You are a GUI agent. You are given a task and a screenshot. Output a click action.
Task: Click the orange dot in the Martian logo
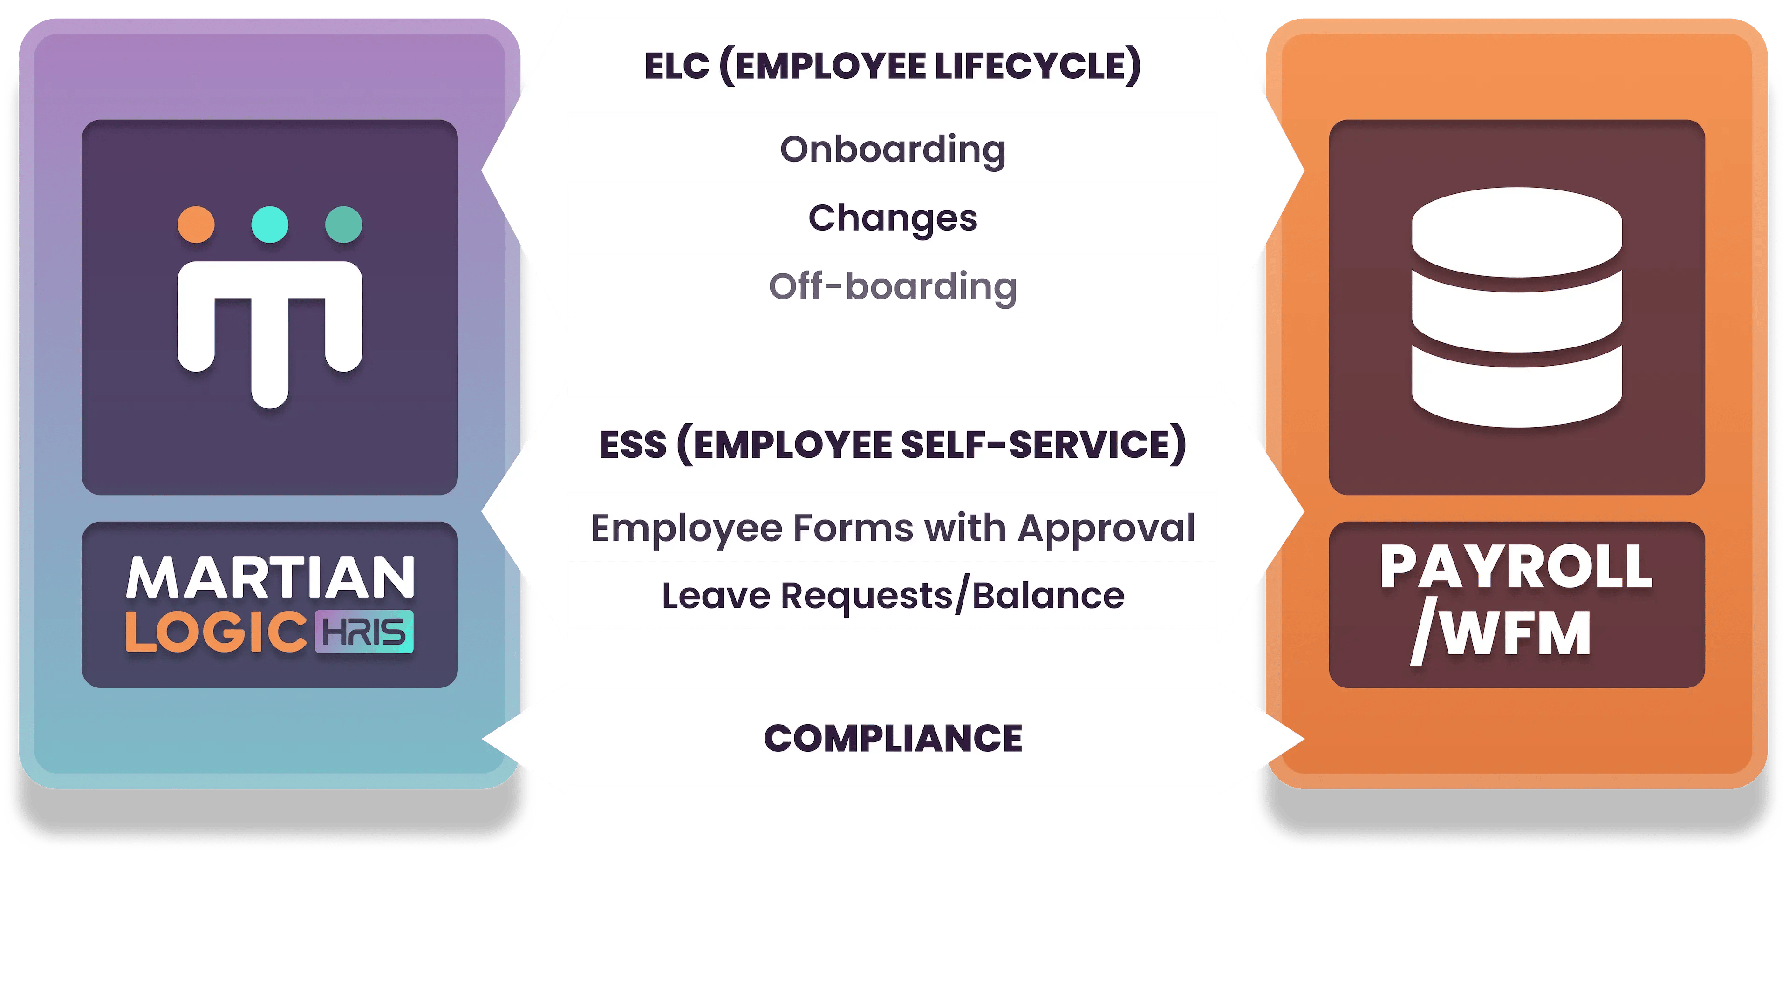tap(196, 224)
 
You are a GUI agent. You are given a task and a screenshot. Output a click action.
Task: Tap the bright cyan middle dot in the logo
tap(269, 224)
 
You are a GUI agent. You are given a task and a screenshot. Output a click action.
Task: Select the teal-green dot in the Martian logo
tap(344, 224)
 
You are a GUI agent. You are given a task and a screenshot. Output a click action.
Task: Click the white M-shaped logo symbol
tap(269, 326)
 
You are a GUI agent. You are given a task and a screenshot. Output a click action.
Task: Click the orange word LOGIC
tap(216, 632)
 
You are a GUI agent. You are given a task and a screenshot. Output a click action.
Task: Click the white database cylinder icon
tap(1517, 307)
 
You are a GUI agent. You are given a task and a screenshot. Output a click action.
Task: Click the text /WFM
tap(1502, 633)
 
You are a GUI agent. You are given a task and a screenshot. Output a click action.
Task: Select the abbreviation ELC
tap(677, 67)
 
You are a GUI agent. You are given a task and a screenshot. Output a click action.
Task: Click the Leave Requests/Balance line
tap(893, 596)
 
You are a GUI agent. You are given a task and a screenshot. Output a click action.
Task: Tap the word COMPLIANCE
tap(893, 738)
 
